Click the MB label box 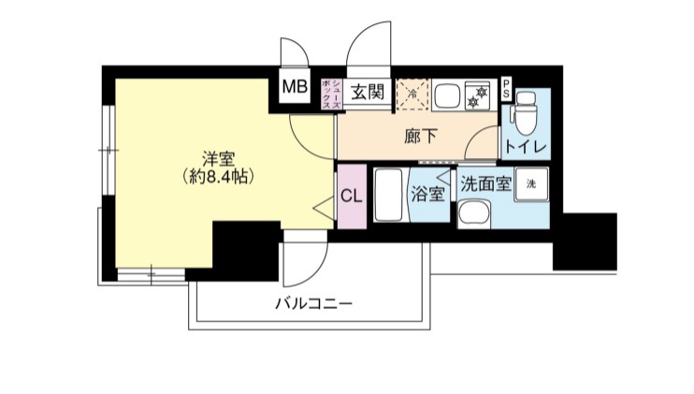click(296, 88)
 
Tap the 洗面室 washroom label click(484, 183)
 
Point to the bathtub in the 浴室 click(389, 195)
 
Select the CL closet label click(352, 196)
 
